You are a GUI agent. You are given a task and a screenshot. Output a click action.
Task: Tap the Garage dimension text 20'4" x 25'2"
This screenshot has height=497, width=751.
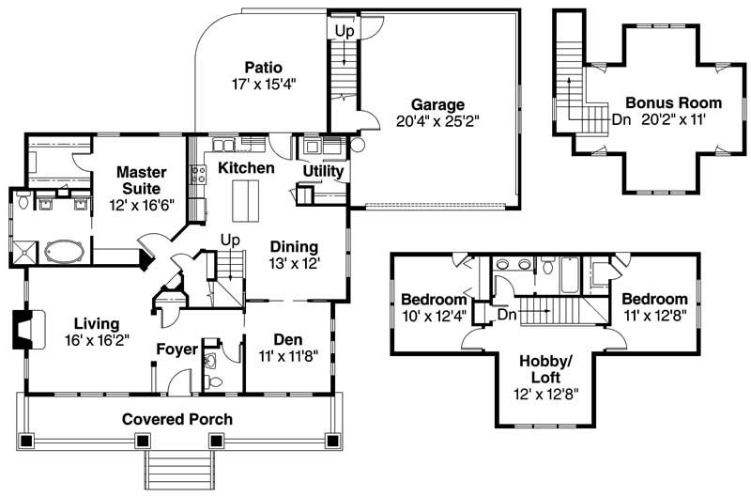[x=437, y=121]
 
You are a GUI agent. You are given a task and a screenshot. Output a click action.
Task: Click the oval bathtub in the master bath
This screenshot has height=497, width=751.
[x=63, y=252]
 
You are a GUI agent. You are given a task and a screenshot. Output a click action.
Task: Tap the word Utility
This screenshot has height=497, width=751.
[x=324, y=172]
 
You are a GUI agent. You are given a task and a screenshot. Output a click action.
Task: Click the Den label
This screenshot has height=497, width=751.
[x=287, y=339]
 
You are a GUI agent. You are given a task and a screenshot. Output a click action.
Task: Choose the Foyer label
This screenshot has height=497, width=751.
[x=176, y=349]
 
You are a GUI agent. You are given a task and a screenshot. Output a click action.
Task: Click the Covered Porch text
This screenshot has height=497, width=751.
[x=177, y=419]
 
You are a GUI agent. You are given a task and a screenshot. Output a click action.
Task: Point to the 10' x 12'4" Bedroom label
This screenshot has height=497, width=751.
[x=433, y=300]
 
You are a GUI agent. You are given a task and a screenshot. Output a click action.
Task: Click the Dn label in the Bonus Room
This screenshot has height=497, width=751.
[x=621, y=119]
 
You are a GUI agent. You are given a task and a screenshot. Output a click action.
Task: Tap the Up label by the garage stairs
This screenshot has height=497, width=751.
[x=345, y=30]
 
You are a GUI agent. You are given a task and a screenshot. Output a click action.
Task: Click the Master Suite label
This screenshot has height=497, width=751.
[x=141, y=179]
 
